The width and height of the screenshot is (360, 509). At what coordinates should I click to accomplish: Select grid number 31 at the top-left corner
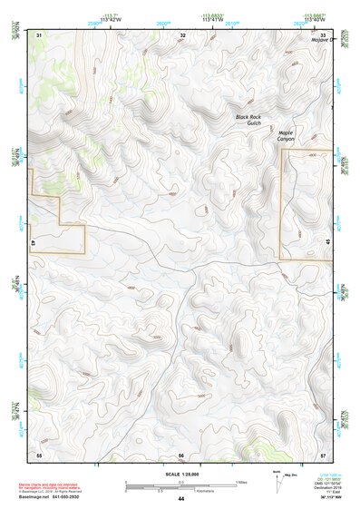point(39,34)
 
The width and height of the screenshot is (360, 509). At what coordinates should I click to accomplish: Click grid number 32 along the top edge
point(183,34)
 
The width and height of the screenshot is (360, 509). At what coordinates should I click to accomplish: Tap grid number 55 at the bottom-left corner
point(39,454)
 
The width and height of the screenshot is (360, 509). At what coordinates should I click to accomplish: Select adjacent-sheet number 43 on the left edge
point(33,243)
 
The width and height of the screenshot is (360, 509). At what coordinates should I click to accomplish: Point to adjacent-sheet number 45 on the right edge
point(327,243)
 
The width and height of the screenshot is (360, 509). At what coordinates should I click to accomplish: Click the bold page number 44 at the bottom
point(181,499)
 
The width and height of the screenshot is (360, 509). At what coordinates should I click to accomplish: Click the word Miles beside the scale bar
point(241,481)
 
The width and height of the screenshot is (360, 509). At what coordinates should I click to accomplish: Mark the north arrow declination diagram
point(277,481)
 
